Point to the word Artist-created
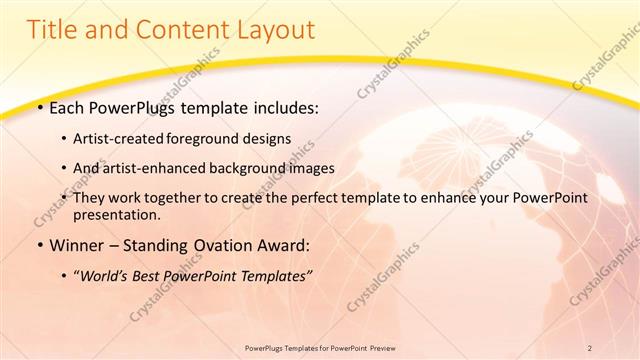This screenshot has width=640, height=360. click(125, 138)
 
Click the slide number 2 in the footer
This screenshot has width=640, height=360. click(590, 347)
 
